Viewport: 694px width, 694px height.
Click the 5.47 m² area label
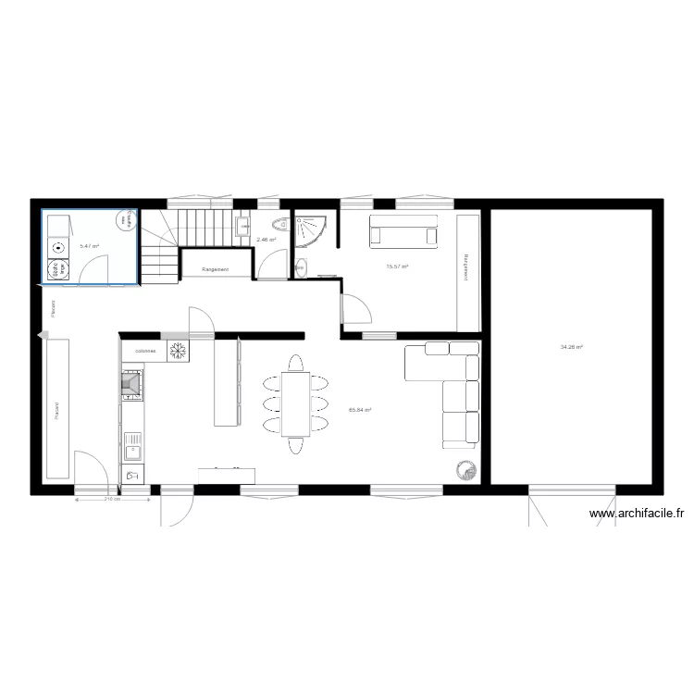pos(89,246)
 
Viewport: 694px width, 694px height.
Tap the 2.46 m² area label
pos(266,241)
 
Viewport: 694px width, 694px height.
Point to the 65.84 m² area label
pos(360,409)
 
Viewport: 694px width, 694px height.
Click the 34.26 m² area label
pos(571,347)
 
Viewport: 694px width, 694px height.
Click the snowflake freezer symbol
pos(176,352)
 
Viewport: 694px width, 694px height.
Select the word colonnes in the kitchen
pos(145,352)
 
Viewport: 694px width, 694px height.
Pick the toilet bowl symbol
pos(279,226)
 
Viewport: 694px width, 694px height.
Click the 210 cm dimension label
pos(112,500)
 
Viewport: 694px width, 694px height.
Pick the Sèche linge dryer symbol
pos(56,269)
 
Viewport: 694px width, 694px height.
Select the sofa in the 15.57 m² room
pos(403,230)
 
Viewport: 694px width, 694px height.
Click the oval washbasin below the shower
pos(304,268)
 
